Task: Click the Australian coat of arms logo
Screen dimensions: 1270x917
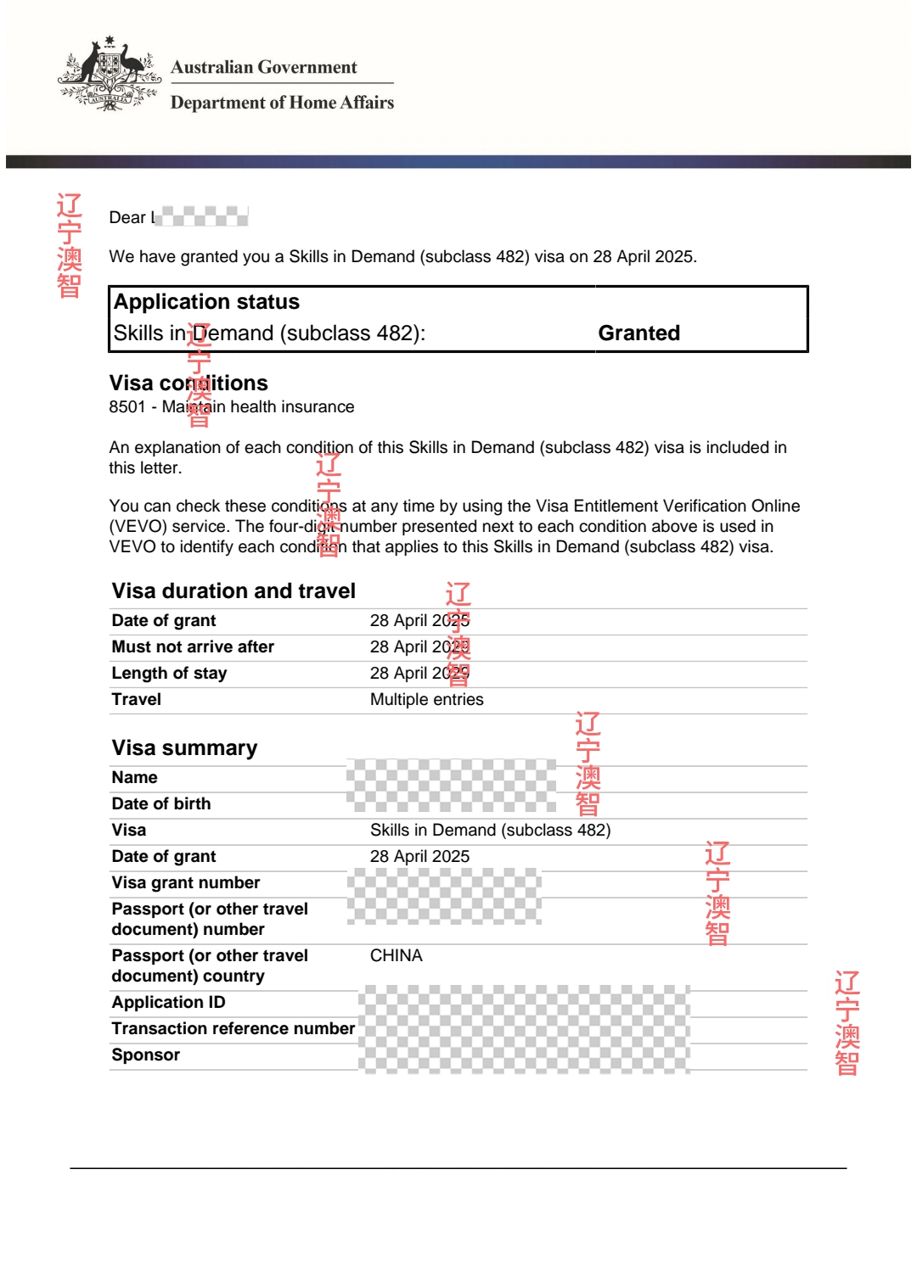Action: pyautogui.click(x=110, y=74)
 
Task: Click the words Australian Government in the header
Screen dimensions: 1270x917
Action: pyautogui.click(x=264, y=67)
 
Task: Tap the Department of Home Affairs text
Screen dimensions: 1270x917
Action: pyautogui.click(x=282, y=103)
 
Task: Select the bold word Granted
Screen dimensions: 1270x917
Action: pyautogui.click(x=639, y=333)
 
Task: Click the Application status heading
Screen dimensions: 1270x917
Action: pyautogui.click(x=206, y=302)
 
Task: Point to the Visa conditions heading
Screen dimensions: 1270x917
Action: pyautogui.click(x=188, y=383)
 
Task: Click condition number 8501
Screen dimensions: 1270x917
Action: pyautogui.click(x=127, y=407)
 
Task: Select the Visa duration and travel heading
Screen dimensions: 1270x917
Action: pyautogui.click(x=233, y=590)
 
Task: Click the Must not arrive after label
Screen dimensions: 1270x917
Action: pyautogui.click(x=193, y=646)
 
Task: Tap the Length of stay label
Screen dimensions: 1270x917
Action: pyautogui.click(x=169, y=673)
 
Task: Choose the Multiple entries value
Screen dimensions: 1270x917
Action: pyautogui.click(x=426, y=699)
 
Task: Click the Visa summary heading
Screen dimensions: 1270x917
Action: pyautogui.click(x=184, y=747)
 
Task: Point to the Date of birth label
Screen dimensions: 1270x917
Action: pyautogui.click(x=161, y=803)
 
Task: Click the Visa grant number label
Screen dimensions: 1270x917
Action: pyautogui.click(x=186, y=882)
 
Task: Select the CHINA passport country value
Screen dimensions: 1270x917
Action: pyautogui.click(x=396, y=955)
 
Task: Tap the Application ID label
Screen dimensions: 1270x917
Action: pyautogui.click(x=168, y=1002)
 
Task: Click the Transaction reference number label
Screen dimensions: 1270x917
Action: pyautogui.click(x=233, y=1028)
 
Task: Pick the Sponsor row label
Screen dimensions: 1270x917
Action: pyautogui.click(x=146, y=1055)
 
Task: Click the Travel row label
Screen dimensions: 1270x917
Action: pyautogui.click(x=137, y=699)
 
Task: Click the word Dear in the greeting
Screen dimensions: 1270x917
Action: pyautogui.click(x=127, y=217)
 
